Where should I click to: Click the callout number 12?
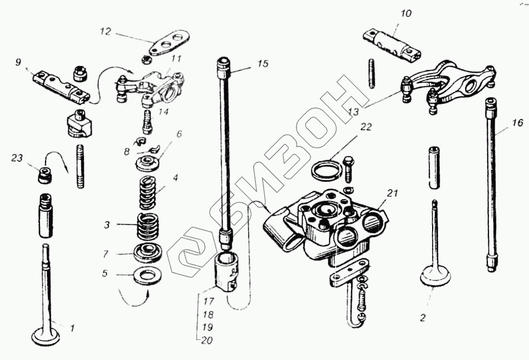click(x=106, y=32)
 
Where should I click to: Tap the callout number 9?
click(x=18, y=63)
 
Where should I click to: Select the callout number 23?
click(x=17, y=158)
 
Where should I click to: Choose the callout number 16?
click(x=517, y=123)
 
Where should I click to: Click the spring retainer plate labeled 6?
click(x=148, y=163)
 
